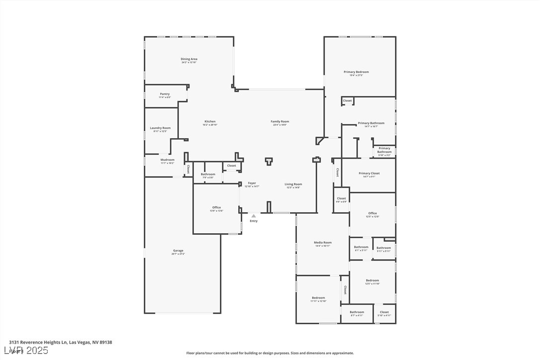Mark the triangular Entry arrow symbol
pos(254,216)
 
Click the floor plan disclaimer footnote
pos(270,353)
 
